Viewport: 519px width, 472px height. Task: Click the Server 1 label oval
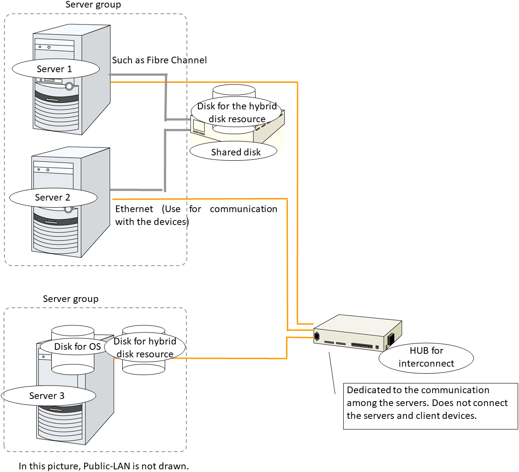(55, 69)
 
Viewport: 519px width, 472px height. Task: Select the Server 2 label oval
(53, 197)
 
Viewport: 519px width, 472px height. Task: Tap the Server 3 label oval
(48, 396)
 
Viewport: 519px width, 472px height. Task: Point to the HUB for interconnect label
(426, 357)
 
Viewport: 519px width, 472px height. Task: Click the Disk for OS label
(77, 347)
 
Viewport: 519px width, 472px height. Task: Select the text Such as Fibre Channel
(159, 60)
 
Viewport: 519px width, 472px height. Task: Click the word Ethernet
(134, 209)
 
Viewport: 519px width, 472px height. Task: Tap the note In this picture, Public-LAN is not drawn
(104, 466)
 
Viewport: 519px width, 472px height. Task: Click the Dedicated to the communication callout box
(430, 406)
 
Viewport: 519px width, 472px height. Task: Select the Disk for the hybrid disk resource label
(237, 112)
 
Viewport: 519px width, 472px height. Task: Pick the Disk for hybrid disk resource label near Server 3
(145, 348)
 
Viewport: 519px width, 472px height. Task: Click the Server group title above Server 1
(93, 5)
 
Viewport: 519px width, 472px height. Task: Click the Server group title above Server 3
(70, 299)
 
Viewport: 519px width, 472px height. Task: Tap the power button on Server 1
(69, 85)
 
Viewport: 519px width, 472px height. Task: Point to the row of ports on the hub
(362, 345)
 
